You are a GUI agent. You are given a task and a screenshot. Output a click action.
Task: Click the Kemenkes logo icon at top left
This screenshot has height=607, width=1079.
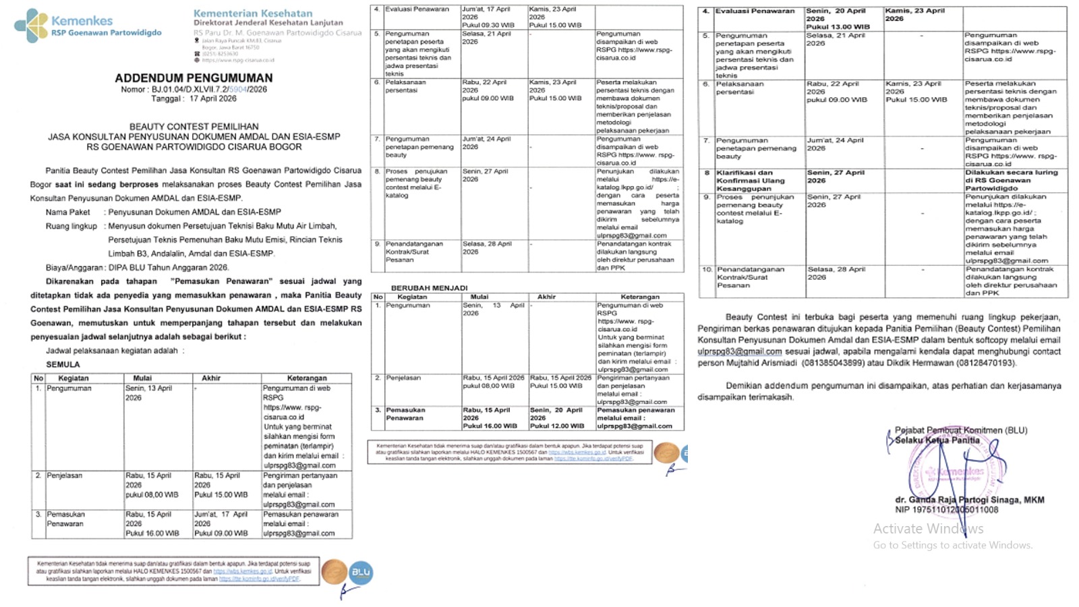click(31, 26)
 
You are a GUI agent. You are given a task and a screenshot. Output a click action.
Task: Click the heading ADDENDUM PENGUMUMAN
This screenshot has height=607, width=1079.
click(194, 78)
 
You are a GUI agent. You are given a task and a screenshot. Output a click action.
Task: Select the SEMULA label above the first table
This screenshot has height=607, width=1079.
click(63, 364)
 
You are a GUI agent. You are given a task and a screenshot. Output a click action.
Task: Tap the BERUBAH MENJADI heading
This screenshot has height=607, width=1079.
click(429, 288)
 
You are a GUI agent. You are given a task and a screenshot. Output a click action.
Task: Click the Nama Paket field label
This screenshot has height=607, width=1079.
click(68, 212)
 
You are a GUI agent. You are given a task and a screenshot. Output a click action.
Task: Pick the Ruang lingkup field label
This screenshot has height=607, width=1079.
click(71, 226)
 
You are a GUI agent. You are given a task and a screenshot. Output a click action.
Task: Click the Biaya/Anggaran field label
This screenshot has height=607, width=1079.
click(75, 268)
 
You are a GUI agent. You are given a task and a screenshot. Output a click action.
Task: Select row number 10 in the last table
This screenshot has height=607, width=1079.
click(707, 269)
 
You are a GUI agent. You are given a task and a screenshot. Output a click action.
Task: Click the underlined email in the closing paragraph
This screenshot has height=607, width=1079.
click(739, 351)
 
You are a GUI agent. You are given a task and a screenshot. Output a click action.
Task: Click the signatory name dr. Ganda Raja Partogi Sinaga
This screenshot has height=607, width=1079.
click(969, 500)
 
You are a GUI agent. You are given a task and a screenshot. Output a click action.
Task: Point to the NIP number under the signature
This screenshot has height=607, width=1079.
click(946, 510)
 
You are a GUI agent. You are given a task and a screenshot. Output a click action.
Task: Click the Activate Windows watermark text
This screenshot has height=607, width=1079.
click(928, 529)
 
